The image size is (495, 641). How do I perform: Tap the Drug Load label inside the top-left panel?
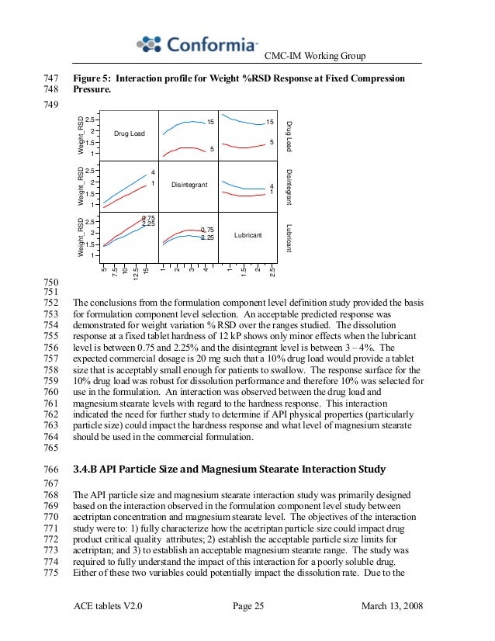130,134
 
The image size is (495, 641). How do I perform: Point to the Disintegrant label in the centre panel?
189,185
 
